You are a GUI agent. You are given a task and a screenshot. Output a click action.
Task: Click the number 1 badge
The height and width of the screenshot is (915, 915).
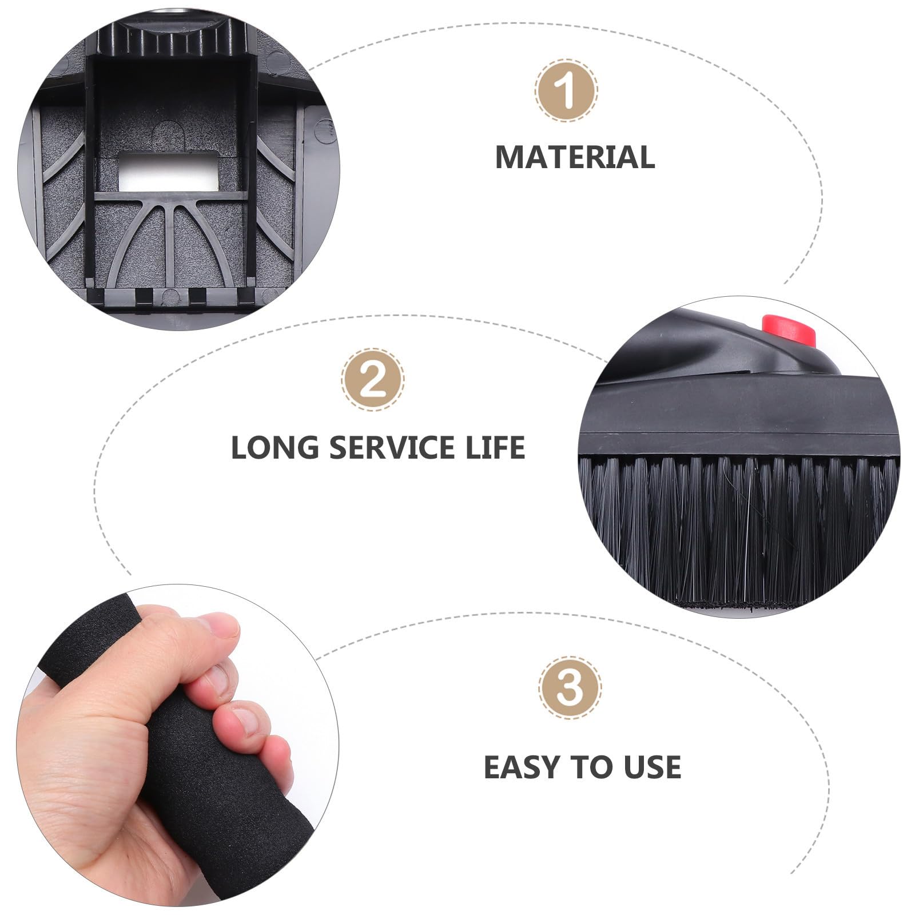pos(566,90)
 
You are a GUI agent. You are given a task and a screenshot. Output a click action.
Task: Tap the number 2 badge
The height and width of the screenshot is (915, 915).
pos(373,380)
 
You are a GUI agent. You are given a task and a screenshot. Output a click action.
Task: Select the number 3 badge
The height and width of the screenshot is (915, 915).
pos(570,687)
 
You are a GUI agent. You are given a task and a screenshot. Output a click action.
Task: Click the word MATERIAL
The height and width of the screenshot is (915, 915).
pos(575,157)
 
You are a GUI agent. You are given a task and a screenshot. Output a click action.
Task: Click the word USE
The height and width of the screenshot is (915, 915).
pos(652,767)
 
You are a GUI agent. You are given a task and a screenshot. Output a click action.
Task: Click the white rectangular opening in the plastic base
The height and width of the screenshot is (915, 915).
pos(169,171)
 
